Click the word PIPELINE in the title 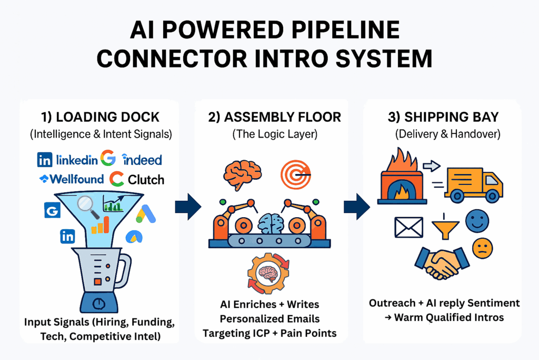345,30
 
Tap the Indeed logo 142,159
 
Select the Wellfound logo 72,179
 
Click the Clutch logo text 146,180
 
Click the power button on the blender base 98,303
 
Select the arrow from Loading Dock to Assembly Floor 188,207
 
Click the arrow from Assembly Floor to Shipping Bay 357,207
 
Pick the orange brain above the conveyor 242,174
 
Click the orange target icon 296,174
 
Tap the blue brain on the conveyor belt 271,223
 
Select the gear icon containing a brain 268,273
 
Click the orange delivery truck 474,184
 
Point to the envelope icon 408,227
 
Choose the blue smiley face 477,221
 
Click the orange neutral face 483,248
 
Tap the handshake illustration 442,263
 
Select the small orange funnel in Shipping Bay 445,227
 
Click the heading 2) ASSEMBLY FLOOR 274,117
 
